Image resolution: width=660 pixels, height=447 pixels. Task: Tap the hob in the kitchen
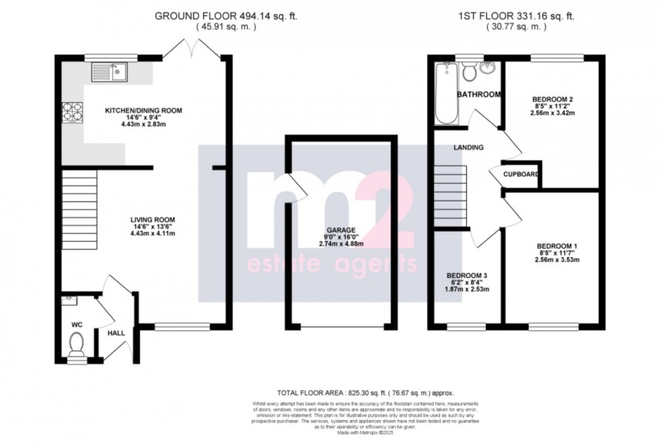click(75, 113)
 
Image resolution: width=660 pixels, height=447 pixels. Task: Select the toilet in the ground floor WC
click(76, 352)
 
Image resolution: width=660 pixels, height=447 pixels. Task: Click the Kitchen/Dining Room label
click(144, 110)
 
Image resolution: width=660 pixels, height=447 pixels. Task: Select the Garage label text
click(340, 231)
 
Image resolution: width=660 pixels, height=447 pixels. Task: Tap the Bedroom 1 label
click(557, 246)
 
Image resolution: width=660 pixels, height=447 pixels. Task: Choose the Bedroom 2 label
click(553, 99)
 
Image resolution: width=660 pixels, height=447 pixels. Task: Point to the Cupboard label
click(520, 174)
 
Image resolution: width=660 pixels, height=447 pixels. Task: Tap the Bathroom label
click(479, 94)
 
